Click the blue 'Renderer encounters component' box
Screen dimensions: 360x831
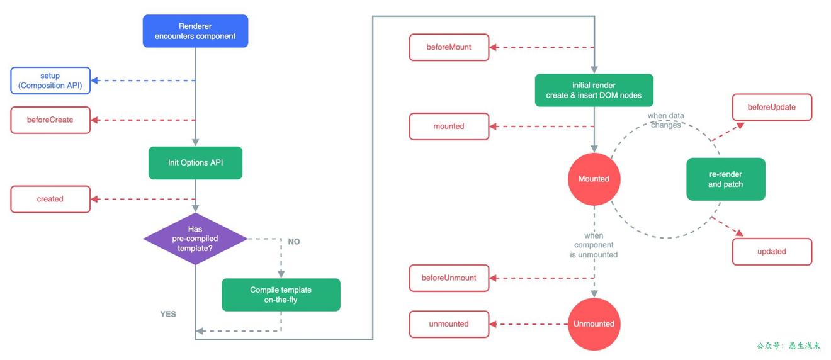(x=195, y=31)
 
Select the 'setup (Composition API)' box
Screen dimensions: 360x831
(x=50, y=81)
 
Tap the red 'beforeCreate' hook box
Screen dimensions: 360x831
(x=50, y=120)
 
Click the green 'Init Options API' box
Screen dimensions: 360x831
(x=195, y=163)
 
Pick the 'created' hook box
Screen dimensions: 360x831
(x=50, y=199)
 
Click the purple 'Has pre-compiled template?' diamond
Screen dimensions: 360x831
(x=195, y=239)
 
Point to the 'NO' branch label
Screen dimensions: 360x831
(x=293, y=242)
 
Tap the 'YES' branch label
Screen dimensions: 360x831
(x=168, y=314)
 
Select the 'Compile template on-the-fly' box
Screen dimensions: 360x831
(x=281, y=295)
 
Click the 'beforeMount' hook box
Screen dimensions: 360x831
(x=449, y=47)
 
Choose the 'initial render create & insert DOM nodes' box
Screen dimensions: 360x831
(x=594, y=90)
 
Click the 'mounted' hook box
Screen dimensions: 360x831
(x=449, y=127)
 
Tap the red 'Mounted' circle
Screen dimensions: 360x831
(x=594, y=179)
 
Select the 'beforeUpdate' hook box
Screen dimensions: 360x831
(x=772, y=107)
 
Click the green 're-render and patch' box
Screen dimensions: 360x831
(x=725, y=179)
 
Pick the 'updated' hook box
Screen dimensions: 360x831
(x=772, y=252)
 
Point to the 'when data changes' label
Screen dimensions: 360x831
(x=665, y=120)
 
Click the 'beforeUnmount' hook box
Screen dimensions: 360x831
(x=449, y=278)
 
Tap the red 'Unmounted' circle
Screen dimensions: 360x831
(x=594, y=324)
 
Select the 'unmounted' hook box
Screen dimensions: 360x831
(x=449, y=324)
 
